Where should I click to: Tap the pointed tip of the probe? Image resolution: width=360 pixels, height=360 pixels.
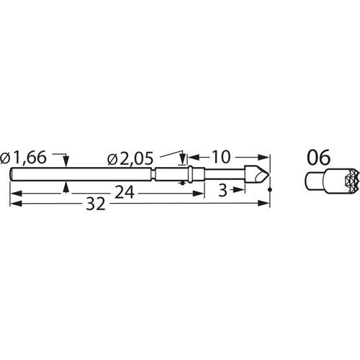point(267,174)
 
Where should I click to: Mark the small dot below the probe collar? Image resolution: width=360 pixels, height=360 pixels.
point(181,183)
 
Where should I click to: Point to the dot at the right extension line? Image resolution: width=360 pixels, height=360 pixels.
point(269,189)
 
